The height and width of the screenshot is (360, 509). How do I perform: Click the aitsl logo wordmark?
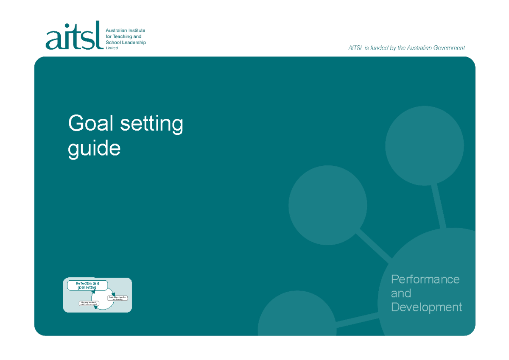(x=74, y=36)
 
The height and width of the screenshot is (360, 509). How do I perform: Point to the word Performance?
(x=425, y=279)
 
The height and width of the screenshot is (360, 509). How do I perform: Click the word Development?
(x=426, y=307)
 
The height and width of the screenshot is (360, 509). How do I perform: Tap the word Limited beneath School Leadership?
(x=112, y=48)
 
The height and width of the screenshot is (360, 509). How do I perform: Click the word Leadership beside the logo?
(x=131, y=42)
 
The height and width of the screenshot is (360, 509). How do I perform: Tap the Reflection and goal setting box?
(x=87, y=285)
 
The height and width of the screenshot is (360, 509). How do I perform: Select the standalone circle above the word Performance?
(x=424, y=146)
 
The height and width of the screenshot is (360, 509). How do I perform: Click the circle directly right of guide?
(x=328, y=205)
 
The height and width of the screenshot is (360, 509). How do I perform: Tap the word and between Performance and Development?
(x=401, y=293)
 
